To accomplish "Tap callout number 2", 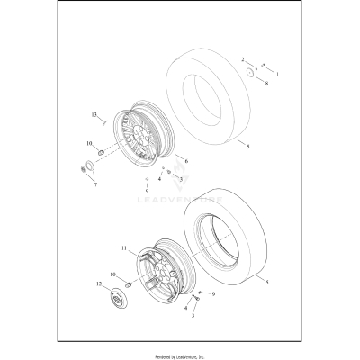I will (x=243, y=59).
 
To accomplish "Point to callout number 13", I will (x=93, y=115).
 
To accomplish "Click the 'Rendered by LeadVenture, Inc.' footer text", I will (x=180, y=352).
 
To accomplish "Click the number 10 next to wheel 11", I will (x=112, y=274).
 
